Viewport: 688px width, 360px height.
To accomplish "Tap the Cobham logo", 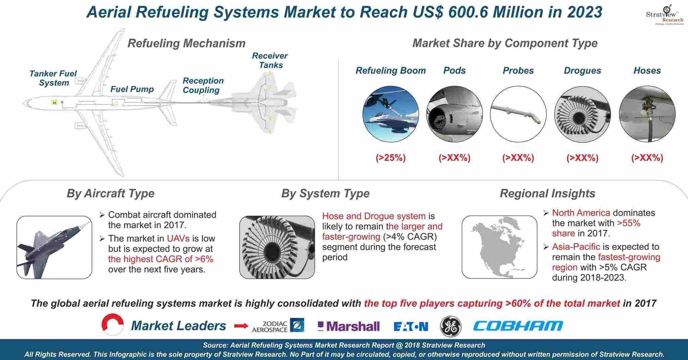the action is tap(518, 325).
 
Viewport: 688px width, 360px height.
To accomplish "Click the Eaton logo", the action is tap(411, 326).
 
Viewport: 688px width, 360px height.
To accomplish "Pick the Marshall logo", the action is tap(349, 326).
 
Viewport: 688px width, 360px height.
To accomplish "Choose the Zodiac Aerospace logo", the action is tap(278, 326).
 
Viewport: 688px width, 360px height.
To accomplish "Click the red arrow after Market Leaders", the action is tap(241, 326).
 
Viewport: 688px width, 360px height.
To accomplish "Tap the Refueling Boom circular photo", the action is tap(391, 114).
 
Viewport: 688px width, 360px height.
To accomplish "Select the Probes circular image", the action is tap(518, 114).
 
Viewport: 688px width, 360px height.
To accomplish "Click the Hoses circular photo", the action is tap(647, 114).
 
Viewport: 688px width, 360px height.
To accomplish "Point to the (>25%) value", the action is tap(391, 157).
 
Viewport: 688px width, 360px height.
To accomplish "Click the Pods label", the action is tap(455, 71).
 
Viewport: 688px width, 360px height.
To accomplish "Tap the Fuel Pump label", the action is tap(132, 89).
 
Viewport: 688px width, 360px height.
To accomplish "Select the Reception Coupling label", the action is tap(203, 85).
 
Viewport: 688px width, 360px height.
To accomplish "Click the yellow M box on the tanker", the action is tap(54, 102).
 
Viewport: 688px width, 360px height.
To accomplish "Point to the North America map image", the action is tap(500, 247).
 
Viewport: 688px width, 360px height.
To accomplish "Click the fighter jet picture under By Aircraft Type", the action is tap(54, 248).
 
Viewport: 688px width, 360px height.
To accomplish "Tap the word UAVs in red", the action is tap(178, 238).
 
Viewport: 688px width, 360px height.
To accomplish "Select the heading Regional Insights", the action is tap(548, 193).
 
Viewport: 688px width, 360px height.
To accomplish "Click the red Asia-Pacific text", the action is tap(576, 246).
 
